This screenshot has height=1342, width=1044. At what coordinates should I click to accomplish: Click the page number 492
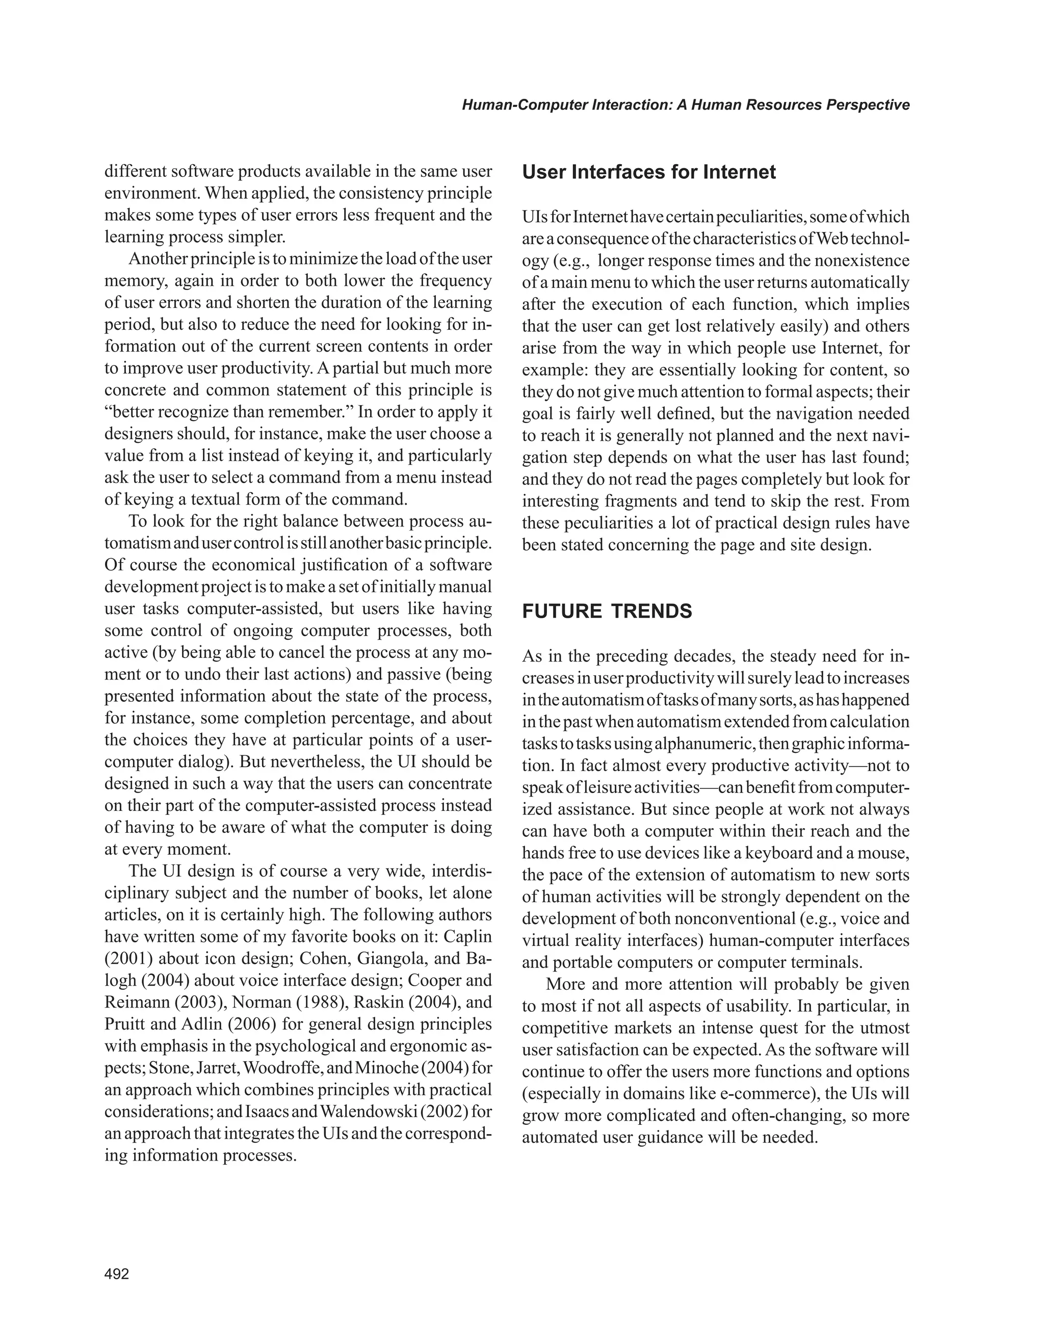point(117,1274)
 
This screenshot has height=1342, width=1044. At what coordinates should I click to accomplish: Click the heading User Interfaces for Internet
point(649,172)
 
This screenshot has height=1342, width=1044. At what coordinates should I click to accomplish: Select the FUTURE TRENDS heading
point(607,612)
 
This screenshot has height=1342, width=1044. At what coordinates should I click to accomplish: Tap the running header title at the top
point(685,105)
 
